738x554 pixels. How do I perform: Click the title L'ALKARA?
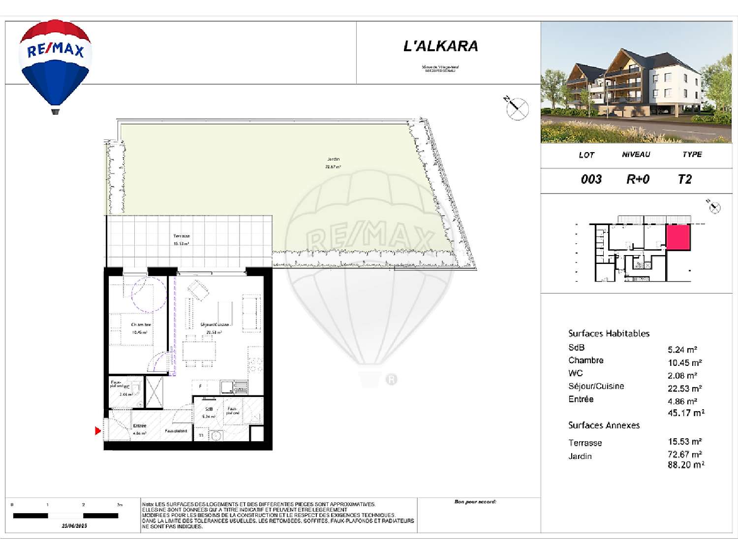click(440, 46)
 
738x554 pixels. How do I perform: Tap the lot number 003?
click(591, 179)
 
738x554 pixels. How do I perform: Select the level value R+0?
click(638, 179)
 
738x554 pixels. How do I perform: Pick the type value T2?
click(684, 179)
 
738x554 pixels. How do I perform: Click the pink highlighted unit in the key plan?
click(678, 237)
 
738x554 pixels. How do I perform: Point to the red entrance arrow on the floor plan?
click(97, 431)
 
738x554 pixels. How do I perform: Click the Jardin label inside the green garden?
click(333, 159)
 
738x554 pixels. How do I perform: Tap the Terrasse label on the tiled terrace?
click(181, 236)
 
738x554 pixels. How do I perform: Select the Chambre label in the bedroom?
click(141, 325)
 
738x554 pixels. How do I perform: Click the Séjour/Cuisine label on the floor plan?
click(215, 325)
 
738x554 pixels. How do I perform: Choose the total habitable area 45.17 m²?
click(686, 413)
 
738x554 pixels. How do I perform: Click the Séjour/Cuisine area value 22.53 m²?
click(684, 389)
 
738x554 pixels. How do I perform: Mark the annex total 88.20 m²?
click(686, 465)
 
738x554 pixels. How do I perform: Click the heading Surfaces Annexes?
click(604, 425)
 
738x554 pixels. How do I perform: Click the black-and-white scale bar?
click(65, 516)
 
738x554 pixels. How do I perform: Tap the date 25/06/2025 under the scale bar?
click(74, 526)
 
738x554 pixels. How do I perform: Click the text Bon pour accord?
click(475, 502)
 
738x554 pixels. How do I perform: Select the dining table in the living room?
click(199, 351)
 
